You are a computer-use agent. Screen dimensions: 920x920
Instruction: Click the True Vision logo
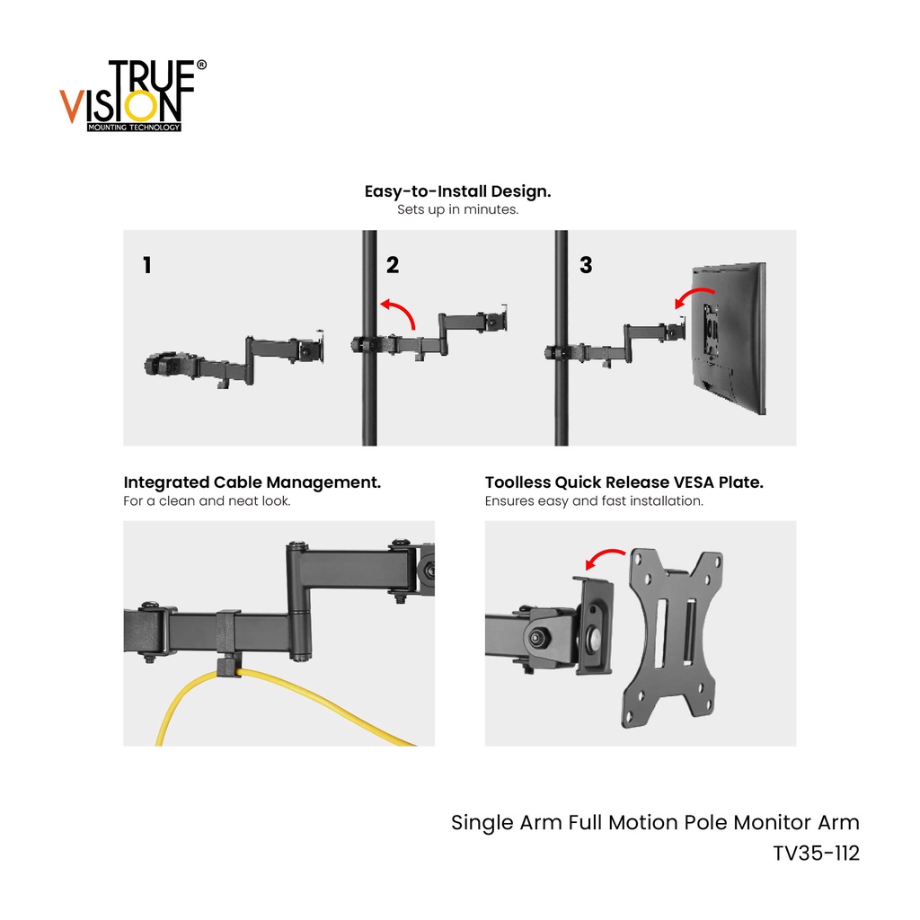(133, 95)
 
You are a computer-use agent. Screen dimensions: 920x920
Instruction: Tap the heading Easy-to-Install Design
(457, 191)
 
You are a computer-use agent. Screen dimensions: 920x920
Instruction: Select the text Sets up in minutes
(457, 209)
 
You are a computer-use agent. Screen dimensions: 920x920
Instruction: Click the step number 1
(147, 265)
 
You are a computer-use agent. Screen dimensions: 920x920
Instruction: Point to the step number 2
(393, 265)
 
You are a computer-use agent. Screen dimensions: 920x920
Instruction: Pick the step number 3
(586, 265)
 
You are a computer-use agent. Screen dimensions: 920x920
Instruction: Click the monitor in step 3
(729, 338)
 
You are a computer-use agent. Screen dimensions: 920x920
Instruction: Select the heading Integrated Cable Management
(252, 482)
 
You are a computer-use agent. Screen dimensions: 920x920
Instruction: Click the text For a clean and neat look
(208, 501)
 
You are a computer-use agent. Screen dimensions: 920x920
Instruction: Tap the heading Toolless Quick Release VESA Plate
(624, 482)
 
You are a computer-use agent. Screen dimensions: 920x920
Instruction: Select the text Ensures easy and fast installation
(594, 501)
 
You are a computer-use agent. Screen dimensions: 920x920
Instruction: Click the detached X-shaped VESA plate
(672, 639)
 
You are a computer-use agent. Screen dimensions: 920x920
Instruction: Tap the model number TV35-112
(816, 854)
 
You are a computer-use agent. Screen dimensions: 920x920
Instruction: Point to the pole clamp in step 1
(170, 365)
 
